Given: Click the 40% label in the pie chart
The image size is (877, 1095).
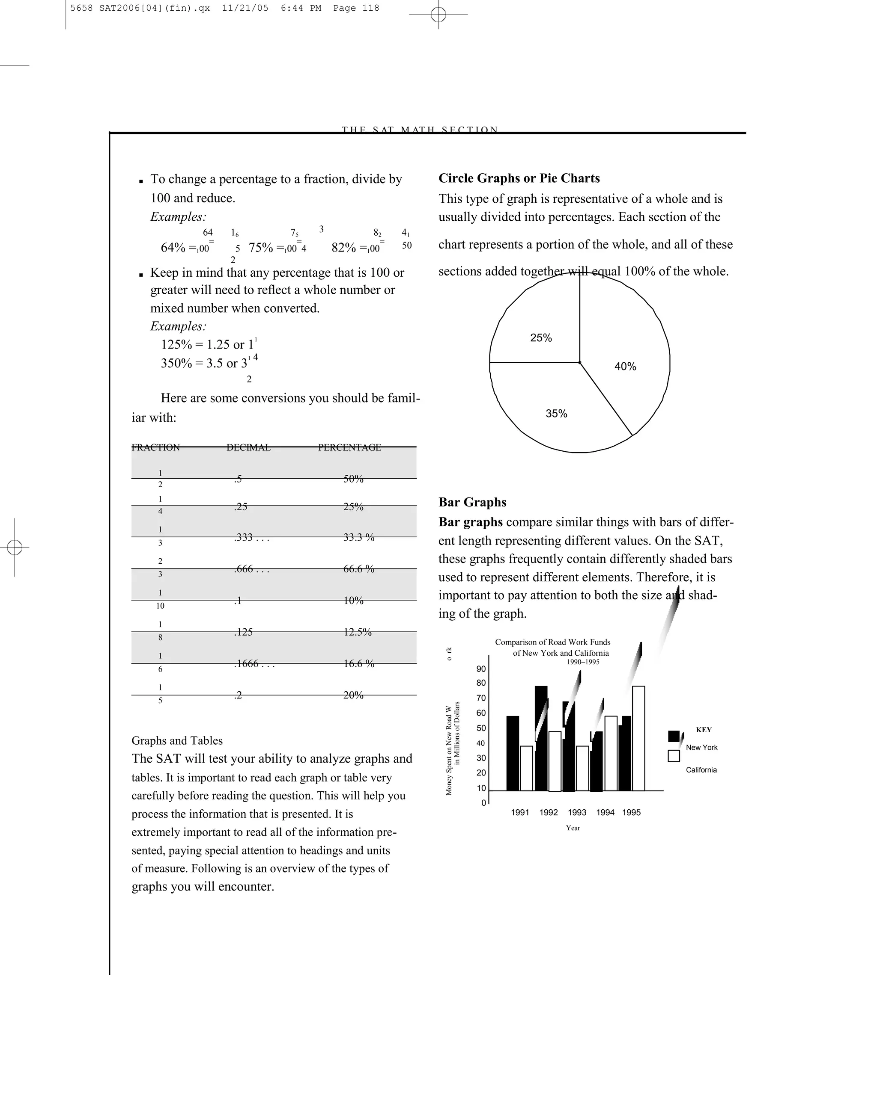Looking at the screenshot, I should coord(625,366).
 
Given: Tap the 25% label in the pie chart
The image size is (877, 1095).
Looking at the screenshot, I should coord(540,338).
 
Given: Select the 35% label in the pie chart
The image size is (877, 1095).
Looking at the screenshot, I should coord(556,414).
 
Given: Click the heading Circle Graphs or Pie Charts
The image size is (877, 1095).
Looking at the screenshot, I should coord(519,178).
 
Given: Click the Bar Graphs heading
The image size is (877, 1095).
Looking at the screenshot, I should coord(472,502).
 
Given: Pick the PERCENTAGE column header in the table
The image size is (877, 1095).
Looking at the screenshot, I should coord(349,447).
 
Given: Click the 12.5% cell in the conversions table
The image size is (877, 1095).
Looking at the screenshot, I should coord(358,632).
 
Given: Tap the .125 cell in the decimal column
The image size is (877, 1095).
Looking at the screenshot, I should coord(243,632).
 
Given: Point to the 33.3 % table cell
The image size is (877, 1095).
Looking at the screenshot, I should coord(358,537).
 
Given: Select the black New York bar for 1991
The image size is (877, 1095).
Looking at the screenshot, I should coord(513,754).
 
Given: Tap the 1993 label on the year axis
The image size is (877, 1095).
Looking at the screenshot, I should coord(577,813).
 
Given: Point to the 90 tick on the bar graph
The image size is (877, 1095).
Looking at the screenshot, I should coord(481,669).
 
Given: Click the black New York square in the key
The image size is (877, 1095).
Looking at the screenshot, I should coord(674,736).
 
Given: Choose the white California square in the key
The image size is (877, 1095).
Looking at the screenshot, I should coord(674,756).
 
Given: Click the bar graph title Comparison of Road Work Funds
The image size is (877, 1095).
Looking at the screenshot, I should coord(553,642).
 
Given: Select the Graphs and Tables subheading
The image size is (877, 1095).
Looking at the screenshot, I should coord(177,740).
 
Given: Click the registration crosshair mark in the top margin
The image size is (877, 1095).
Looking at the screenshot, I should coord(438,14).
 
